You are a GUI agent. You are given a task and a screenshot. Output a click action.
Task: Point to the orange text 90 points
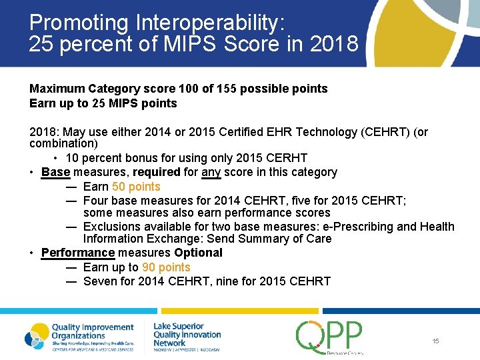(x=166, y=267)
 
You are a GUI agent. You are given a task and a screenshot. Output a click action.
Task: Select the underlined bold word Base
(x=55, y=172)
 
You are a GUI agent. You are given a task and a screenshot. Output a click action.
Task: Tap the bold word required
(x=153, y=172)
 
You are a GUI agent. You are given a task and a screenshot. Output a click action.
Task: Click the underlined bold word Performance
(x=78, y=253)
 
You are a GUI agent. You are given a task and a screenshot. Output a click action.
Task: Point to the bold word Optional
(x=198, y=253)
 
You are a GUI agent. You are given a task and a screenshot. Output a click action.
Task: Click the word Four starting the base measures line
(x=96, y=201)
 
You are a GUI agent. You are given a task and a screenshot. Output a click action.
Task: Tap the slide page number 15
(x=435, y=341)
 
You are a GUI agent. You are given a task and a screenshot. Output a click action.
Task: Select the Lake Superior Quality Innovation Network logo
(x=187, y=335)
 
